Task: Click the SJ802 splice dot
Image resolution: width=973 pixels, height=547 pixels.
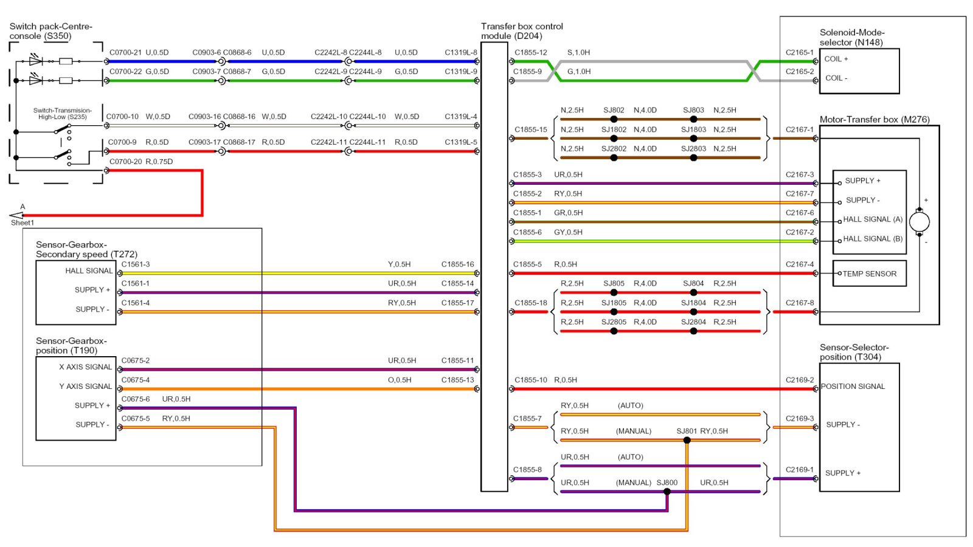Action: (614, 119)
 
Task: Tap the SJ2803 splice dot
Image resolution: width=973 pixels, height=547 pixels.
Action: (694, 157)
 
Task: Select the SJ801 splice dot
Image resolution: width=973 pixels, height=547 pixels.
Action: (687, 440)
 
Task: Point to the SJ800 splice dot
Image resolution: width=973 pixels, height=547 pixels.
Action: (667, 492)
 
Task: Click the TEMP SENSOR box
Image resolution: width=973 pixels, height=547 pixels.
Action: (869, 273)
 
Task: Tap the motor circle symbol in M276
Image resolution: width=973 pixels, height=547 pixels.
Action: (919, 222)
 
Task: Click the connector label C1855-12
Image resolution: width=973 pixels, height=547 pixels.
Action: (531, 52)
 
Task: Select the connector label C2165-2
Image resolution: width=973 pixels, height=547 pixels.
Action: (800, 72)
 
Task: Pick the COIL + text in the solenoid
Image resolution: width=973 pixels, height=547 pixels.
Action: (836, 59)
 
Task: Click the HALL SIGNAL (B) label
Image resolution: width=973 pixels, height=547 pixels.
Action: (873, 239)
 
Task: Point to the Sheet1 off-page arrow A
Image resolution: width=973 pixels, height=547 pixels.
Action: (16, 215)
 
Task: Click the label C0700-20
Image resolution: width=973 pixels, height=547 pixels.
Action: (125, 162)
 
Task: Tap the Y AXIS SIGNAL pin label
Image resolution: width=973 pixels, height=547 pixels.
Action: (86, 387)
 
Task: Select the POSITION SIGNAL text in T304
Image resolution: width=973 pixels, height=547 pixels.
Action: (853, 387)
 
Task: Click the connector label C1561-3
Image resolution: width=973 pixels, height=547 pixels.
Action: (136, 264)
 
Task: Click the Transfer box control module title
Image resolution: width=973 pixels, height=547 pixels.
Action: (522, 31)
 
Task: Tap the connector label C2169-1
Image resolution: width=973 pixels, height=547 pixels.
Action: (800, 470)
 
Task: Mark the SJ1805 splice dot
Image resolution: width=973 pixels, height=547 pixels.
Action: (614, 312)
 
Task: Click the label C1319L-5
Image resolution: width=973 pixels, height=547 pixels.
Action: (461, 142)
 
